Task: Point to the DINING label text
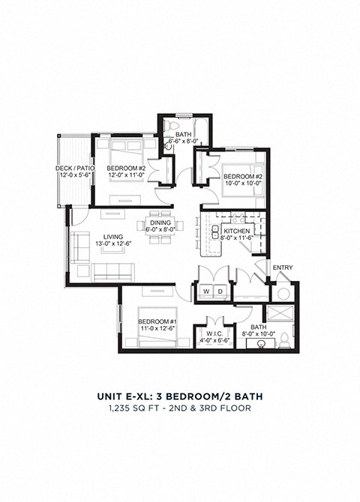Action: pos(160,223)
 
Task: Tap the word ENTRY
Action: pos(283,267)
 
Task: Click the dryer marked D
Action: pos(220,290)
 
